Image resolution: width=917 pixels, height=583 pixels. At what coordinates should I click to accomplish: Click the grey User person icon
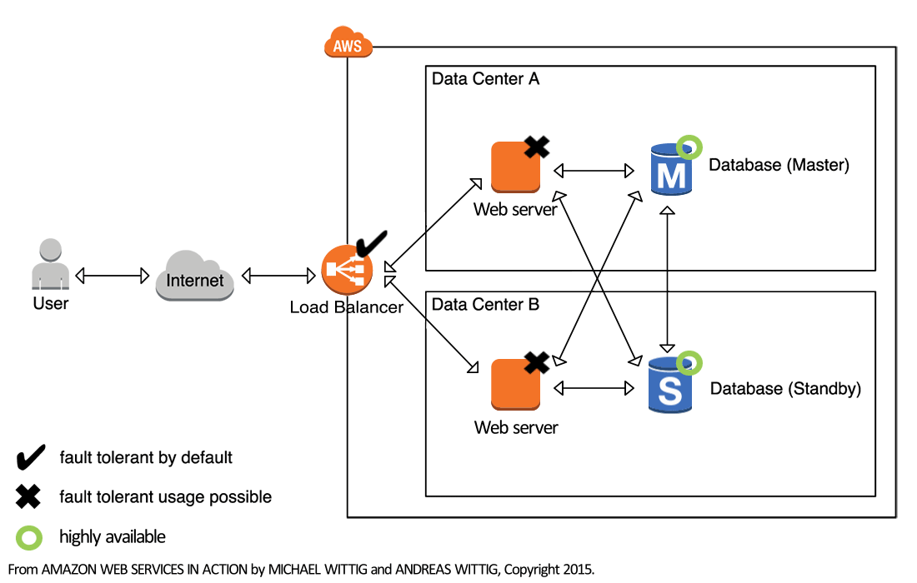[x=50, y=265]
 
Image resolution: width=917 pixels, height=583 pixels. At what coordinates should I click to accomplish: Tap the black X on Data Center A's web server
[x=537, y=147]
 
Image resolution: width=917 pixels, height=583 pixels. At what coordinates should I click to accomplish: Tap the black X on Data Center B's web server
[x=537, y=362]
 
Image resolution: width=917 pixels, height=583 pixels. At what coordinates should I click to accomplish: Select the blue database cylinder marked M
[x=670, y=171]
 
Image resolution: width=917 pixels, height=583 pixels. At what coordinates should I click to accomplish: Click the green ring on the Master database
[x=689, y=147]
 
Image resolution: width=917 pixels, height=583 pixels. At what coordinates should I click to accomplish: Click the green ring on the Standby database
[x=689, y=362]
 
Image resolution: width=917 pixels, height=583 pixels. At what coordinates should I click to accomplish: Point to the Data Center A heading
[x=485, y=79]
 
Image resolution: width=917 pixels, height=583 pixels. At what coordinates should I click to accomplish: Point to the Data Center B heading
[x=485, y=305]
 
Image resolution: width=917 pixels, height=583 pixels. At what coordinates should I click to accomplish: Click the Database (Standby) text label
[x=785, y=389]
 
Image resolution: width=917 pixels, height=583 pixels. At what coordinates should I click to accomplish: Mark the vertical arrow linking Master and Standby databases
[x=667, y=279]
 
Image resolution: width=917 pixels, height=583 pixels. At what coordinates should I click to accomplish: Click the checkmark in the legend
[x=31, y=457]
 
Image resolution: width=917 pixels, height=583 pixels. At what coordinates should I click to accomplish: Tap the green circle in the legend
[x=29, y=537]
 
